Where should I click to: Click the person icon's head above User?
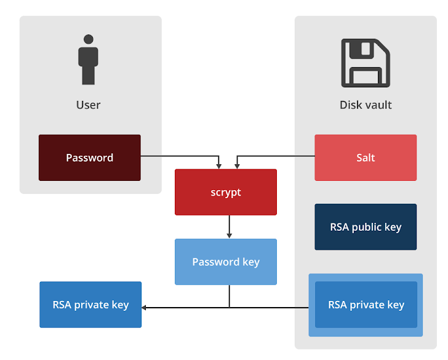pos(89,39)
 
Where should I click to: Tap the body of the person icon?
pos(89,65)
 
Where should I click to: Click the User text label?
pos(88,105)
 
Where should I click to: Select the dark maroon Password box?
pos(90,158)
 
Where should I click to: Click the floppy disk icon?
pos(366,63)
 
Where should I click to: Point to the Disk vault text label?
pos(366,105)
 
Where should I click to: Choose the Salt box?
pos(366,158)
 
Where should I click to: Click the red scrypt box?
pos(226,192)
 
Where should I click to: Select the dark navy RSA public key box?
pos(366,227)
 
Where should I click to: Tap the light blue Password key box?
pos(226,262)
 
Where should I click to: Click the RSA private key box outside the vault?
pos(90,305)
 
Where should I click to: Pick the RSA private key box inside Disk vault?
pos(366,305)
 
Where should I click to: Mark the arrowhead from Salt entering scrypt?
pos(237,166)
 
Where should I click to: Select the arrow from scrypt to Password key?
pos(229,227)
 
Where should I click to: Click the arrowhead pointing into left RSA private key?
pos(145,306)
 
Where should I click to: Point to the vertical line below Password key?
pos(229,296)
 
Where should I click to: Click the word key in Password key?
pos(250,262)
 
